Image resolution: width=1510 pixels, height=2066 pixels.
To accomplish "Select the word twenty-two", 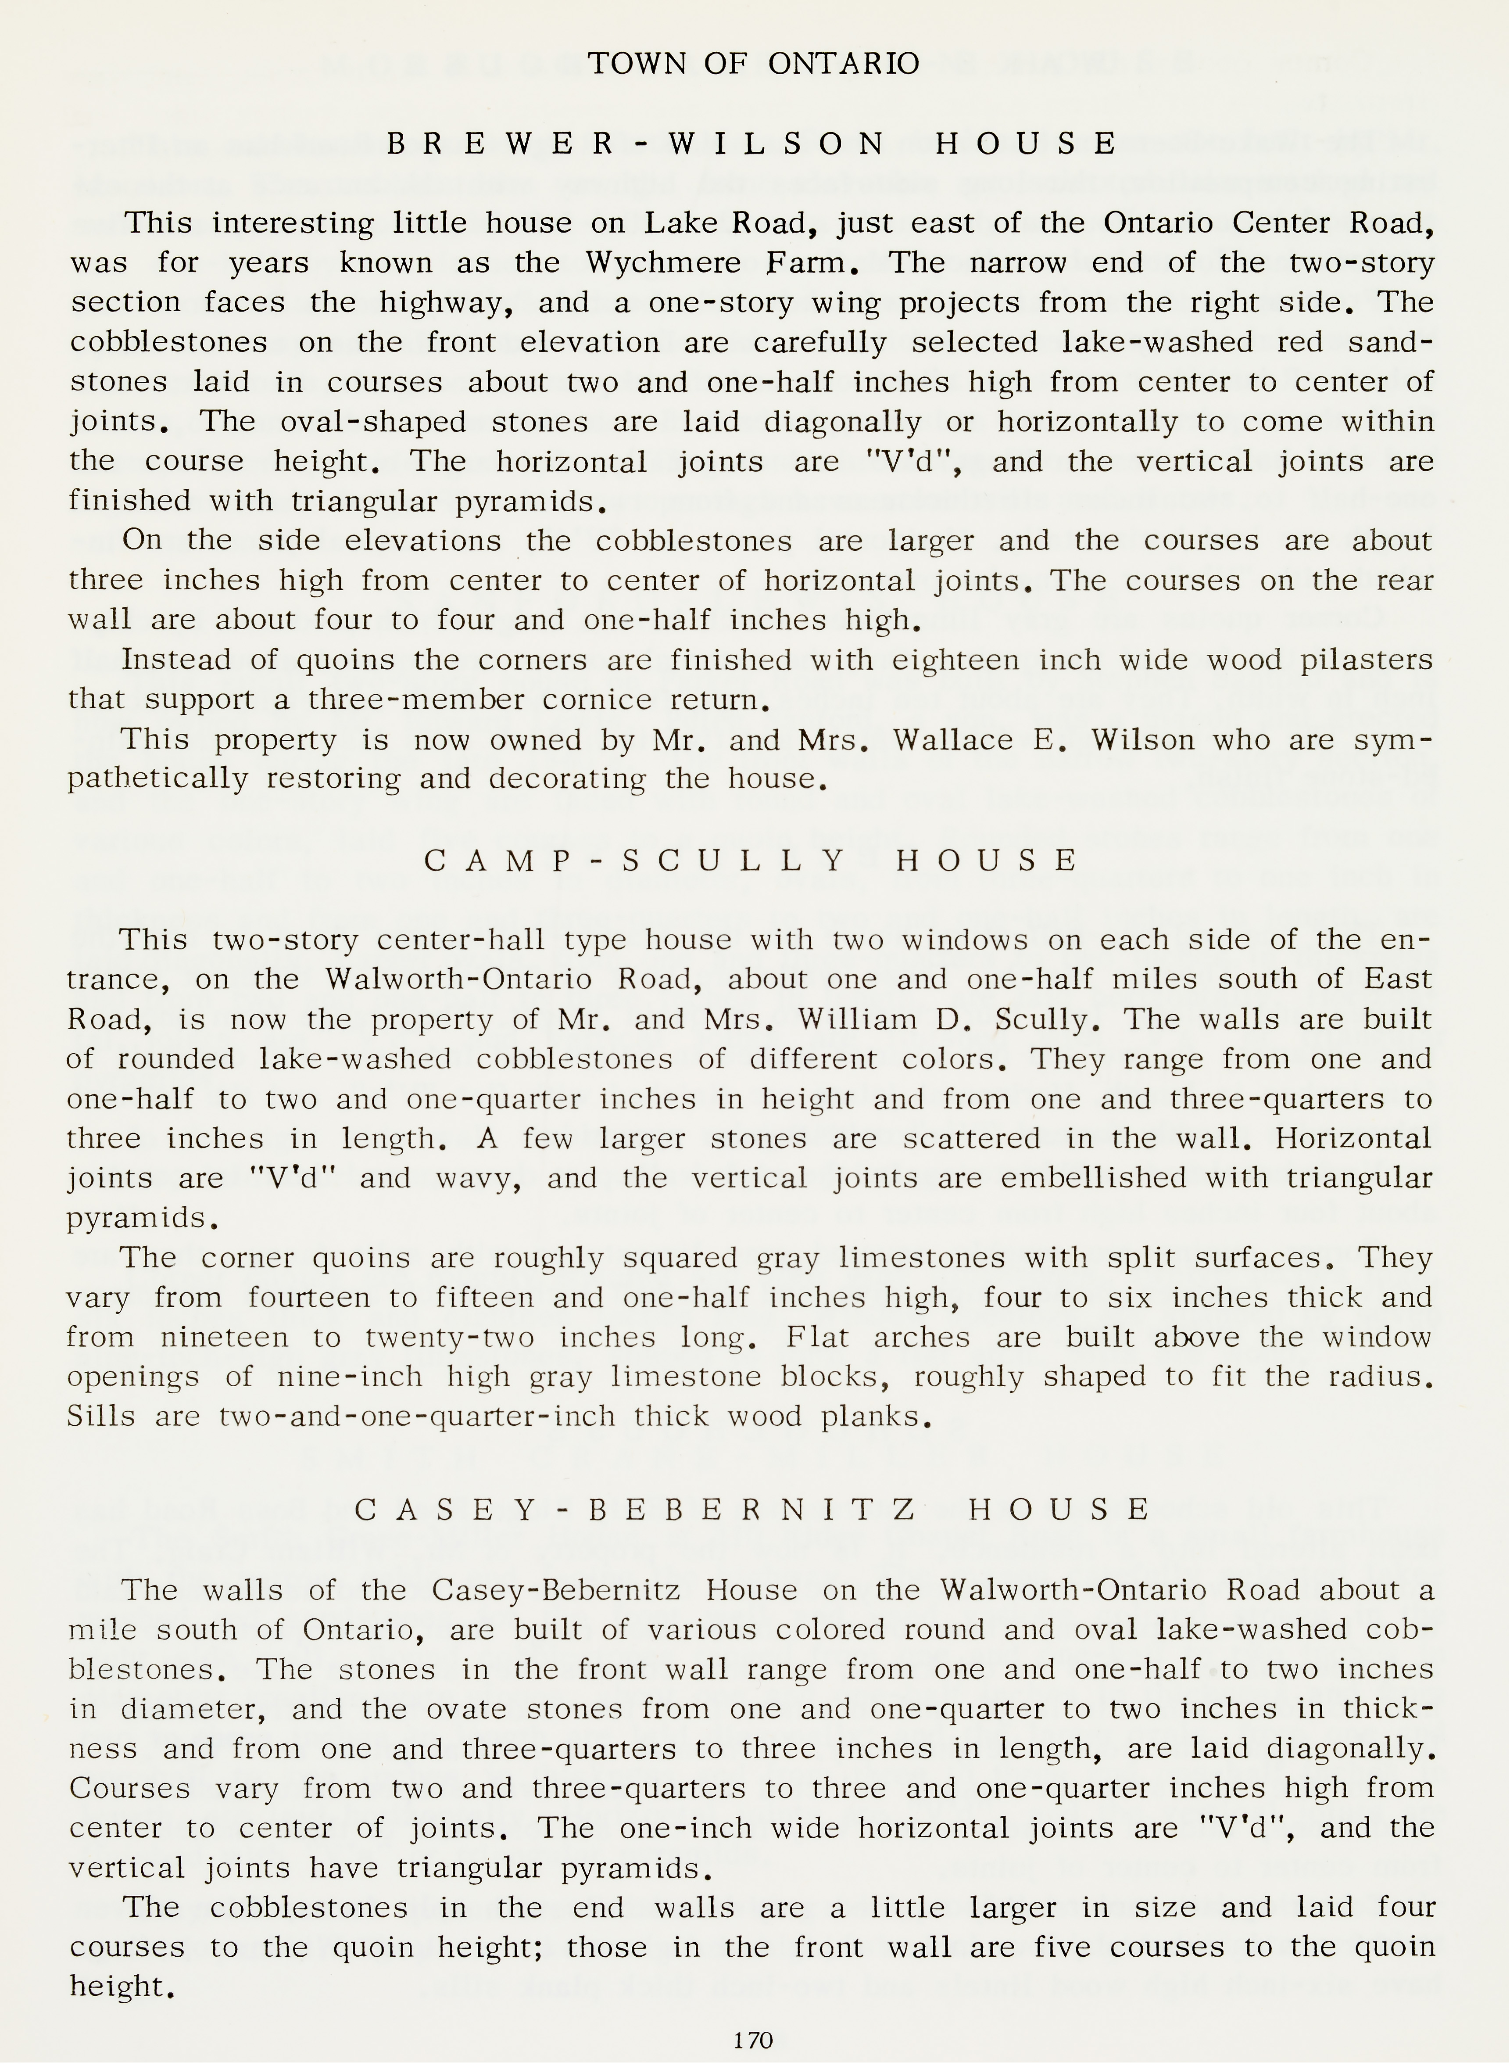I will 451,1338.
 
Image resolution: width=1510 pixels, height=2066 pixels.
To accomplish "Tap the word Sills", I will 101,1417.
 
